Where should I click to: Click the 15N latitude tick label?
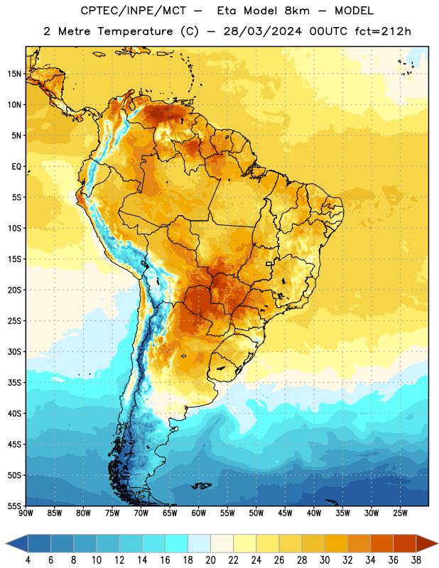[x=14, y=74]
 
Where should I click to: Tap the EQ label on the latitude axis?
[x=16, y=167]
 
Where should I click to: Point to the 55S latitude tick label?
[x=14, y=506]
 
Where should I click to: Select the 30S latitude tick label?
[x=14, y=351]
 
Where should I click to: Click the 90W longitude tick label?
[x=26, y=513]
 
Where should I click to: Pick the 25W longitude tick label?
[x=400, y=513]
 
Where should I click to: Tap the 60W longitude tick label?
[x=199, y=513]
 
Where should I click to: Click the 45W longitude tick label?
[x=285, y=513]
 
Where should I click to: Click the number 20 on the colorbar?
[x=210, y=560]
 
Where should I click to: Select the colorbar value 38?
[x=416, y=560]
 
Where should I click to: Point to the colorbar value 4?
[x=28, y=560]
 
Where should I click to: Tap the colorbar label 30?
[x=325, y=560]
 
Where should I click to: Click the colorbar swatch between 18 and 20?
[x=199, y=543]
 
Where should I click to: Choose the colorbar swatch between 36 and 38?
[x=405, y=543]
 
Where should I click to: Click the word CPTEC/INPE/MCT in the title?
[x=134, y=11]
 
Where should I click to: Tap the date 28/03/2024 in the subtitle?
[x=262, y=31]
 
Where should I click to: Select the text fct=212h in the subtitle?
[x=383, y=31]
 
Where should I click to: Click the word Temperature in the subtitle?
[x=135, y=31]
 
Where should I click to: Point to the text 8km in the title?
[x=297, y=11]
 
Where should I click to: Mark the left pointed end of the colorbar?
[x=6, y=543]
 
